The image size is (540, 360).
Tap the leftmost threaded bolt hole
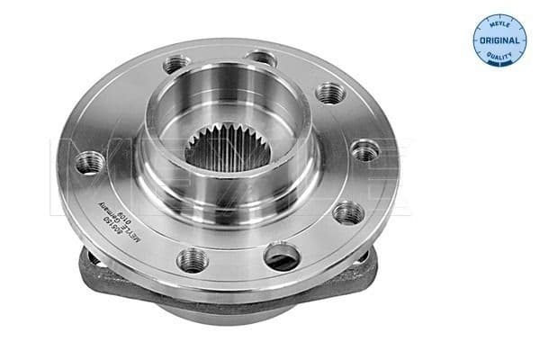(x=89, y=163)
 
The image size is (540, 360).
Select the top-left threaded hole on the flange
(x=176, y=66)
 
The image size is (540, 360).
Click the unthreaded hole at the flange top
(x=260, y=58)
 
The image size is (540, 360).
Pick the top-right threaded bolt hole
(x=331, y=92)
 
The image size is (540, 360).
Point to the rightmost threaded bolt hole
(x=365, y=151)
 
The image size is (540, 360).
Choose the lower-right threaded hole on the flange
(x=347, y=212)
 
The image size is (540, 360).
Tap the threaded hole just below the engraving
(x=192, y=260)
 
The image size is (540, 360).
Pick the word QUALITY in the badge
(x=500, y=58)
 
